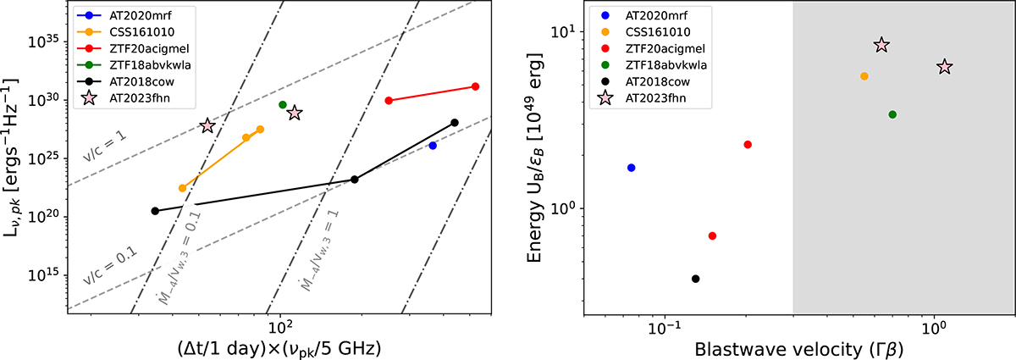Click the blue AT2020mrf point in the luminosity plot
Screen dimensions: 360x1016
[x=433, y=146]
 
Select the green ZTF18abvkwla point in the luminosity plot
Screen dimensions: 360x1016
[x=283, y=105]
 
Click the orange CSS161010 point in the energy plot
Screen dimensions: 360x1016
[x=864, y=76]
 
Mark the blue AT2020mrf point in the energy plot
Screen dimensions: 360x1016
[x=631, y=168]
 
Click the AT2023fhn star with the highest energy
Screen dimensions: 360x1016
[x=881, y=45]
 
